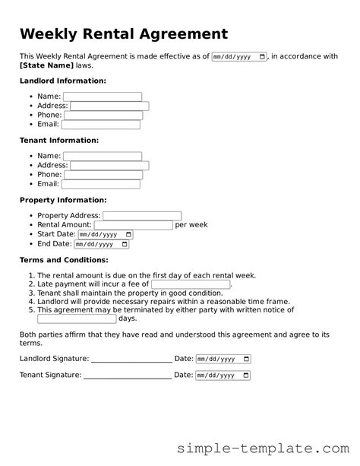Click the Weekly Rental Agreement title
click(x=123, y=34)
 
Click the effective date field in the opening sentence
click(x=239, y=57)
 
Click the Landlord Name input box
click(x=103, y=97)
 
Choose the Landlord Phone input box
click(x=103, y=116)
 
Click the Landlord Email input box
click(x=101, y=125)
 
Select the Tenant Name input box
click(x=103, y=157)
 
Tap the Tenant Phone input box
click(x=103, y=175)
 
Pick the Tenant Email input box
click(x=101, y=184)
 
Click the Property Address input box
click(x=142, y=216)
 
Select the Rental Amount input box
click(x=134, y=225)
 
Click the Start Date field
click(x=106, y=235)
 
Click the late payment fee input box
click(x=191, y=284)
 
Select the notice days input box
click(x=77, y=319)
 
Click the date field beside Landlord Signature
click(x=223, y=359)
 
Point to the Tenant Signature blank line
click(x=127, y=376)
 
